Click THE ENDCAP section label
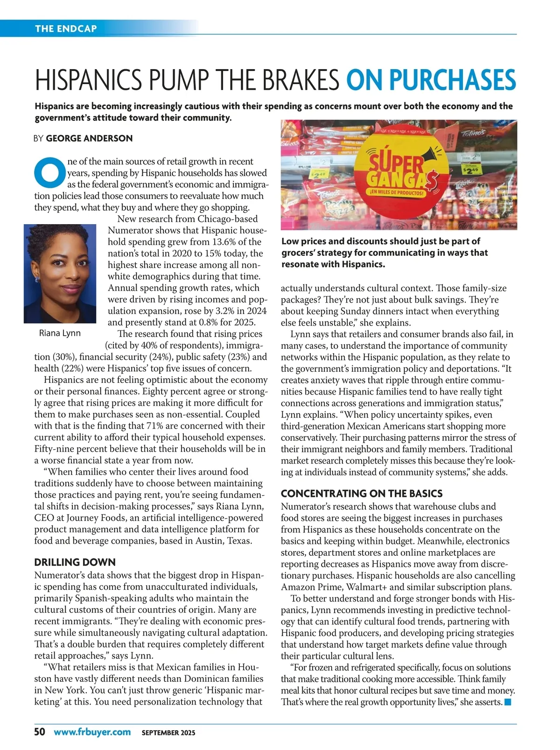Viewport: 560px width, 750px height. [x=66, y=28]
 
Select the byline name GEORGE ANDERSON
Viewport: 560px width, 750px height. [x=89, y=138]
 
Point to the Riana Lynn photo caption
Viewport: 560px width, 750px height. [x=60, y=333]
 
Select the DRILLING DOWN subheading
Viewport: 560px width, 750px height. [x=75, y=562]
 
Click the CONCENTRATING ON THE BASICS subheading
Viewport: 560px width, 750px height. [x=362, y=494]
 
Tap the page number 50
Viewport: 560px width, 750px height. [x=40, y=732]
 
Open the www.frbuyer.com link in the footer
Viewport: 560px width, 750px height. [x=92, y=732]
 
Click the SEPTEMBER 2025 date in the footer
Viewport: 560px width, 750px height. [x=168, y=733]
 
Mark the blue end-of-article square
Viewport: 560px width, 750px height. [x=508, y=702]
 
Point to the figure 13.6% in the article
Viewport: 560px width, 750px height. [x=226, y=242]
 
